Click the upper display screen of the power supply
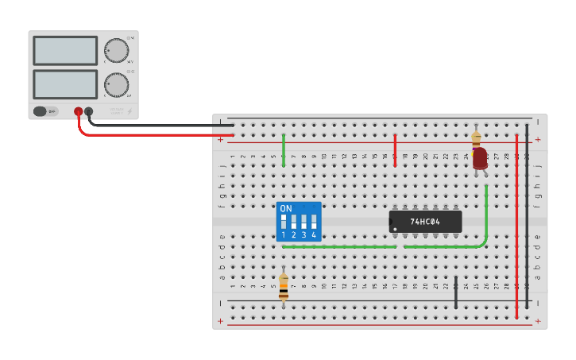pos(65,51)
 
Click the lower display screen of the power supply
pos(65,84)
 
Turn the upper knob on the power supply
pos(117,50)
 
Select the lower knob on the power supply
pos(117,84)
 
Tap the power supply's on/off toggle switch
pos(45,111)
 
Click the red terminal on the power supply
pos(78,111)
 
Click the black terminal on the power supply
pos(89,111)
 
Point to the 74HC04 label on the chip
pos(425,222)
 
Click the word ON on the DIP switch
pos(286,208)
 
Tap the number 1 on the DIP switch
pos(283,235)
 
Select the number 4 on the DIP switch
pos(314,235)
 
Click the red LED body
pos(479,158)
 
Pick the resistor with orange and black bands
pos(284,287)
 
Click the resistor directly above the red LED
pos(476,137)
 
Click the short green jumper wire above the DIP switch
pos(284,149)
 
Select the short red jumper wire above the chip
pos(395,149)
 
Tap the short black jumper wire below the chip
pos(455,293)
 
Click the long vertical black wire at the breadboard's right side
pos(527,215)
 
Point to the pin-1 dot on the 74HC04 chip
pos(394,229)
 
